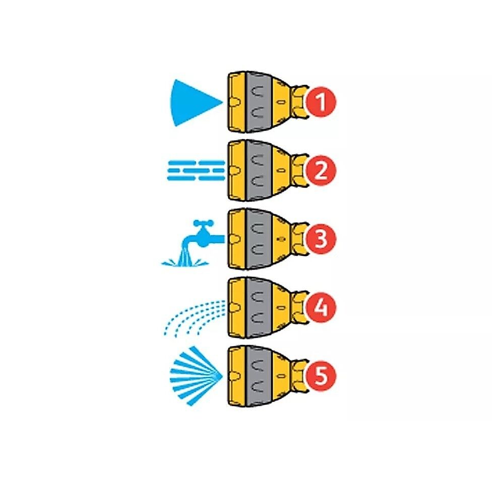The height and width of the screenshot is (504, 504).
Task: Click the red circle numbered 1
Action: click(321, 102)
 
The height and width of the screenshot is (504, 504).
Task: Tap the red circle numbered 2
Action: click(321, 170)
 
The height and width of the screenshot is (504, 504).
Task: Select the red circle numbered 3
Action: click(321, 239)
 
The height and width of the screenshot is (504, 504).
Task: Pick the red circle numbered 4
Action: click(321, 307)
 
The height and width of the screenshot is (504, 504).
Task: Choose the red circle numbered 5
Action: click(321, 376)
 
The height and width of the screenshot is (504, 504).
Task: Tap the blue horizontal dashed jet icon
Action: click(196, 170)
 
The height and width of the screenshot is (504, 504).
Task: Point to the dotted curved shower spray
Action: click(193, 318)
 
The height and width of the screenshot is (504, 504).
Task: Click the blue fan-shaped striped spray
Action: click(196, 376)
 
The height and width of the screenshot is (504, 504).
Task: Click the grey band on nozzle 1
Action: click(259, 102)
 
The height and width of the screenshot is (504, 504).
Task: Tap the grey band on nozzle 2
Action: click(259, 170)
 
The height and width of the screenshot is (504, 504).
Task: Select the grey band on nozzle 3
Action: click(259, 239)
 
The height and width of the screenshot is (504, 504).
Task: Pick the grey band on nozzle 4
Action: click(259, 307)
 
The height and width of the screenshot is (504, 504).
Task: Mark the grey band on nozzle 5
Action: click(259, 376)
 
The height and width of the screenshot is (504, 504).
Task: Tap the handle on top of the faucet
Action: click(203, 223)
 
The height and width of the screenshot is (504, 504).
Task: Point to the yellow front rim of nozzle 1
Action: click(237, 102)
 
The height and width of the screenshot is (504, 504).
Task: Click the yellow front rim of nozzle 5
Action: click(237, 376)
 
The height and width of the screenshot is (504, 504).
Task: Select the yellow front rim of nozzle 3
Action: click(237, 239)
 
